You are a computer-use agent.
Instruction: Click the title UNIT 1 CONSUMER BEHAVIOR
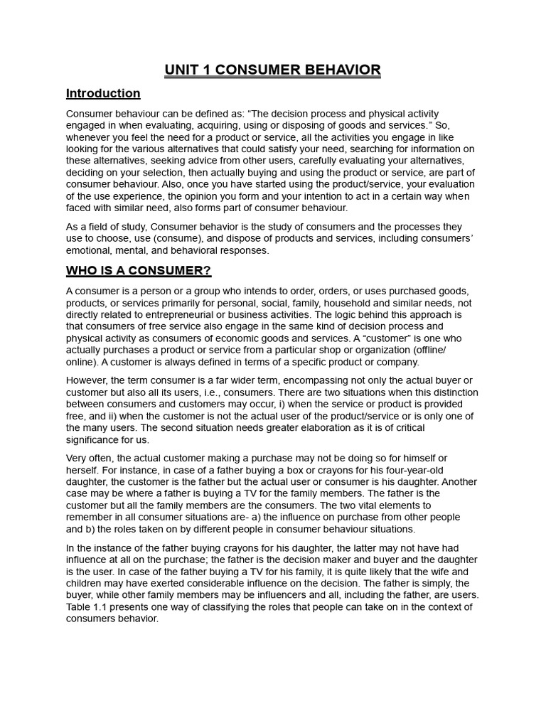[x=273, y=70]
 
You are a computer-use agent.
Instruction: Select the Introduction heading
[x=103, y=93]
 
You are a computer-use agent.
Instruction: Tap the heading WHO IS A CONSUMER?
[x=139, y=270]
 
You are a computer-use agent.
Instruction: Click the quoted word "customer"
[x=390, y=337]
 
